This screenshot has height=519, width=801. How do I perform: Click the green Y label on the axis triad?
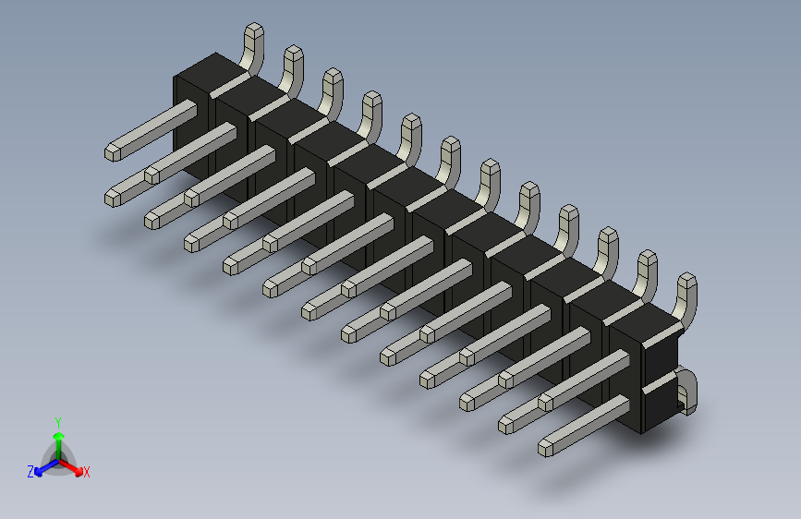pyautogui.click(x=57, y=420)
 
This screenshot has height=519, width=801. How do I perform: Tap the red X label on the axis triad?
pyautogui.click(x=87, y=473)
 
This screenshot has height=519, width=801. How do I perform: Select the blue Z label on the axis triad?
pyautogui.click(x=30, y=471)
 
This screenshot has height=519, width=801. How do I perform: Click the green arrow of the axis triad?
pyautogui.click(x=57, y=438)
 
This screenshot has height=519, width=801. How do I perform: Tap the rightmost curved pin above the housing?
pyautogui.click(x=686, y=296)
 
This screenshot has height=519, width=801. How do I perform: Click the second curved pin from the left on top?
pyautogui.click(x=292, y=69)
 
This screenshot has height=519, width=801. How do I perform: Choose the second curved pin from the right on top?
pyautogui.click(x=648, y=272)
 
